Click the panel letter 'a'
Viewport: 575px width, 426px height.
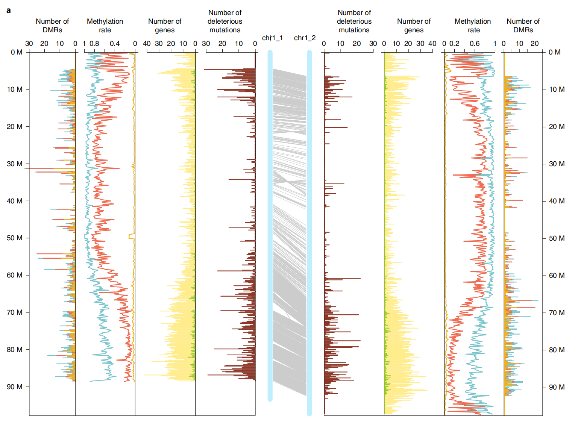pyautogui.click(x=8, y=11)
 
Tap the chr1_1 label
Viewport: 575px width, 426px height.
pyautogui.click(x=272, y=38)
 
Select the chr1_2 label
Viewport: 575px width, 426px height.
pyautogui.click(x=305, y=38)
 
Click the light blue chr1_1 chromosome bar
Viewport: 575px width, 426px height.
pyautogui.click(x=270, y=226)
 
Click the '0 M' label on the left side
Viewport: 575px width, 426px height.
pyautogui.click(x=17, y=52)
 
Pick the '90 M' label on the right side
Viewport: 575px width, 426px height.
pyautogui.click(x=557, y=387)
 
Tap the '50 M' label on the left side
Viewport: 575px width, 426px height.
pyautogui.click(x=15, y=238)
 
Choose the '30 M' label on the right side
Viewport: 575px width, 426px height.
pyautogui.click(x=557, y=164)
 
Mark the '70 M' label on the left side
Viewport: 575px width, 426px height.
pyautogui.click(x=15, y=312)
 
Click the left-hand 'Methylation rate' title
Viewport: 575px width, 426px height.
pyautogui.click(x=105, y=26)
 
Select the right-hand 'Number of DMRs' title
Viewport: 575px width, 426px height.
pyautogui.click(x=523, y=26)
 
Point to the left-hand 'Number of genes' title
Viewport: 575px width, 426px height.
pyautogui.click(x=165, y=26)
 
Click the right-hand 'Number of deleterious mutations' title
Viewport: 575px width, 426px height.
pyautogui.click(x=354, y=21)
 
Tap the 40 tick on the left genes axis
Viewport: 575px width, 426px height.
pyautogui.click(x=147, y=44)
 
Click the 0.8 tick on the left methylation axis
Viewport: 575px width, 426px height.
pyautogui.click(x=94, y=44)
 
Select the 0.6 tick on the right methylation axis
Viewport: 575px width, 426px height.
pyautogui.click(x=475, y=44)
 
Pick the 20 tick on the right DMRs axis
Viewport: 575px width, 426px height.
pyautogui.click(x=534, y=44)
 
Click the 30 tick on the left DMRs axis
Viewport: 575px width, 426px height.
pyautogui.click(x=29, y=44)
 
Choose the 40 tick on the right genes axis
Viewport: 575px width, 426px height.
pyautogui.click(x=432, y=44)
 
